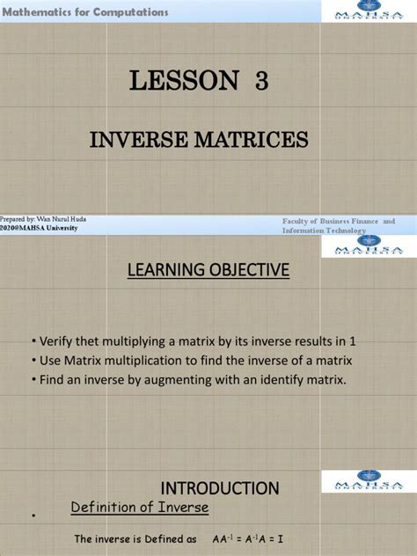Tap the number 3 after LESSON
262,82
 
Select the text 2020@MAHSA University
39,228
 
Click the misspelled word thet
92,341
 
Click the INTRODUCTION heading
219,487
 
